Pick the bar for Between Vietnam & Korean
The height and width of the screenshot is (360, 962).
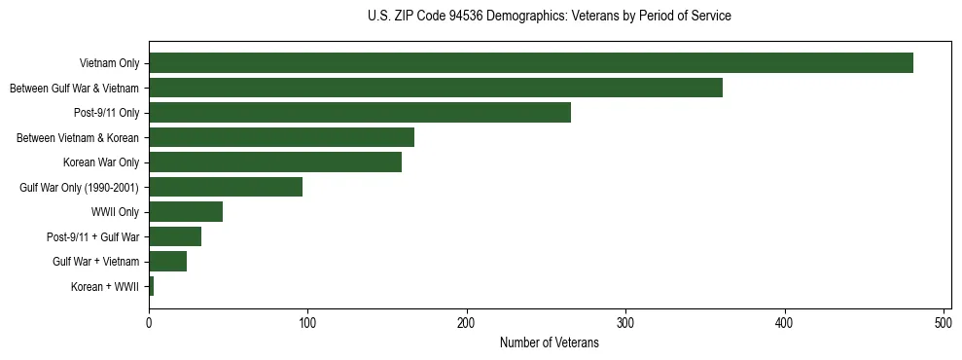pyautogui.click(x=281, y=137)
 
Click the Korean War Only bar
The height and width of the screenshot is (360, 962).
pyautogui.click(x=274, y=162)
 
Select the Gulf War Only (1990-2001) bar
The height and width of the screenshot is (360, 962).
pyautogui.click(x=225, y=187)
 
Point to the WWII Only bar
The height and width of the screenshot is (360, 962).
pyautogui.click(x=185, y=212)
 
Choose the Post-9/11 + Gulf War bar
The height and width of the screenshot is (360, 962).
pyautogui.click(x=174, y=236)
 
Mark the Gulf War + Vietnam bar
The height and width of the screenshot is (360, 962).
pyautogui.click(x=167, y=262)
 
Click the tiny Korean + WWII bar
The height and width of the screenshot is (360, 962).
pyautogui.click(x=151, y=286)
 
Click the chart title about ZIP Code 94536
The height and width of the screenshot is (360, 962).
pyautogui.click(x=549, y=17)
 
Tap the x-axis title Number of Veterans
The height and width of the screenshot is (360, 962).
pyautogui.click(x=549, y=343)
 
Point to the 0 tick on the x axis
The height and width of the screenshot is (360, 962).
pyautogui.click(x=149, y=323)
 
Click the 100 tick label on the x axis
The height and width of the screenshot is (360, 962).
pyautogui.click(x=307, y=323)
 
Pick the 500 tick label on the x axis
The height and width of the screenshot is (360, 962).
pyautogui.click(x=944, y=323)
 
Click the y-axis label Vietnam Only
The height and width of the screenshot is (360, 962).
pyautogui.click(x=109, y=64)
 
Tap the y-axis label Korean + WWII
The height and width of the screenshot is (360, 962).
pyautogui.click(x=105, y=287)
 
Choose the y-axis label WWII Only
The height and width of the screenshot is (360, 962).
pyautogui.click(x=115, y=212)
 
